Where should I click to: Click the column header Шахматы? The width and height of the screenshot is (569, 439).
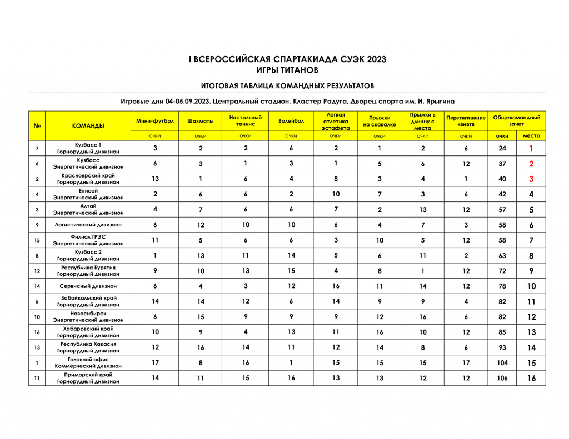point(201,121)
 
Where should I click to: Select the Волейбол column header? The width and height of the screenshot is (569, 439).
point(291,121)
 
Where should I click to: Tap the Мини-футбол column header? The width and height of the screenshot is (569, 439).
point(155,121)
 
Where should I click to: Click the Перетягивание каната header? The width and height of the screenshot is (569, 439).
point(466,121)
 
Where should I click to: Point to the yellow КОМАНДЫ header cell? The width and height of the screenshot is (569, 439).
point(88,126)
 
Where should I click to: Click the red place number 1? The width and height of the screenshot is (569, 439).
point(531,149)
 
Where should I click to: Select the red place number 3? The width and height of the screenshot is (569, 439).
point(531,179)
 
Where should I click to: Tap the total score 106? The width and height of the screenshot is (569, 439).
point(502,378)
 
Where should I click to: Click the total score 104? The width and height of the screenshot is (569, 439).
point(502,363)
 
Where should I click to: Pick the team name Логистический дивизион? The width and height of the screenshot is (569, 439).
point(88,225)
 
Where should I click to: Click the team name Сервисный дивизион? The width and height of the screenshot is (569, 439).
point(88,286)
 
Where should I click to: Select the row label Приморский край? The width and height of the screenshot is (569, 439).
point(88,375)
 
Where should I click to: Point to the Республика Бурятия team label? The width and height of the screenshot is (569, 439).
point(88,268)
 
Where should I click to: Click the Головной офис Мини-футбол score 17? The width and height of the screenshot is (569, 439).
point(155,363)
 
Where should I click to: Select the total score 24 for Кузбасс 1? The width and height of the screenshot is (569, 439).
point(502,149)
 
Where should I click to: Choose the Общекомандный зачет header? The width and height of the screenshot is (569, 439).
point(516,121)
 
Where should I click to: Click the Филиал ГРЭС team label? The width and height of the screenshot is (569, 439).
point(88,237)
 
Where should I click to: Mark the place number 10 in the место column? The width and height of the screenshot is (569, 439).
point(531,286)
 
